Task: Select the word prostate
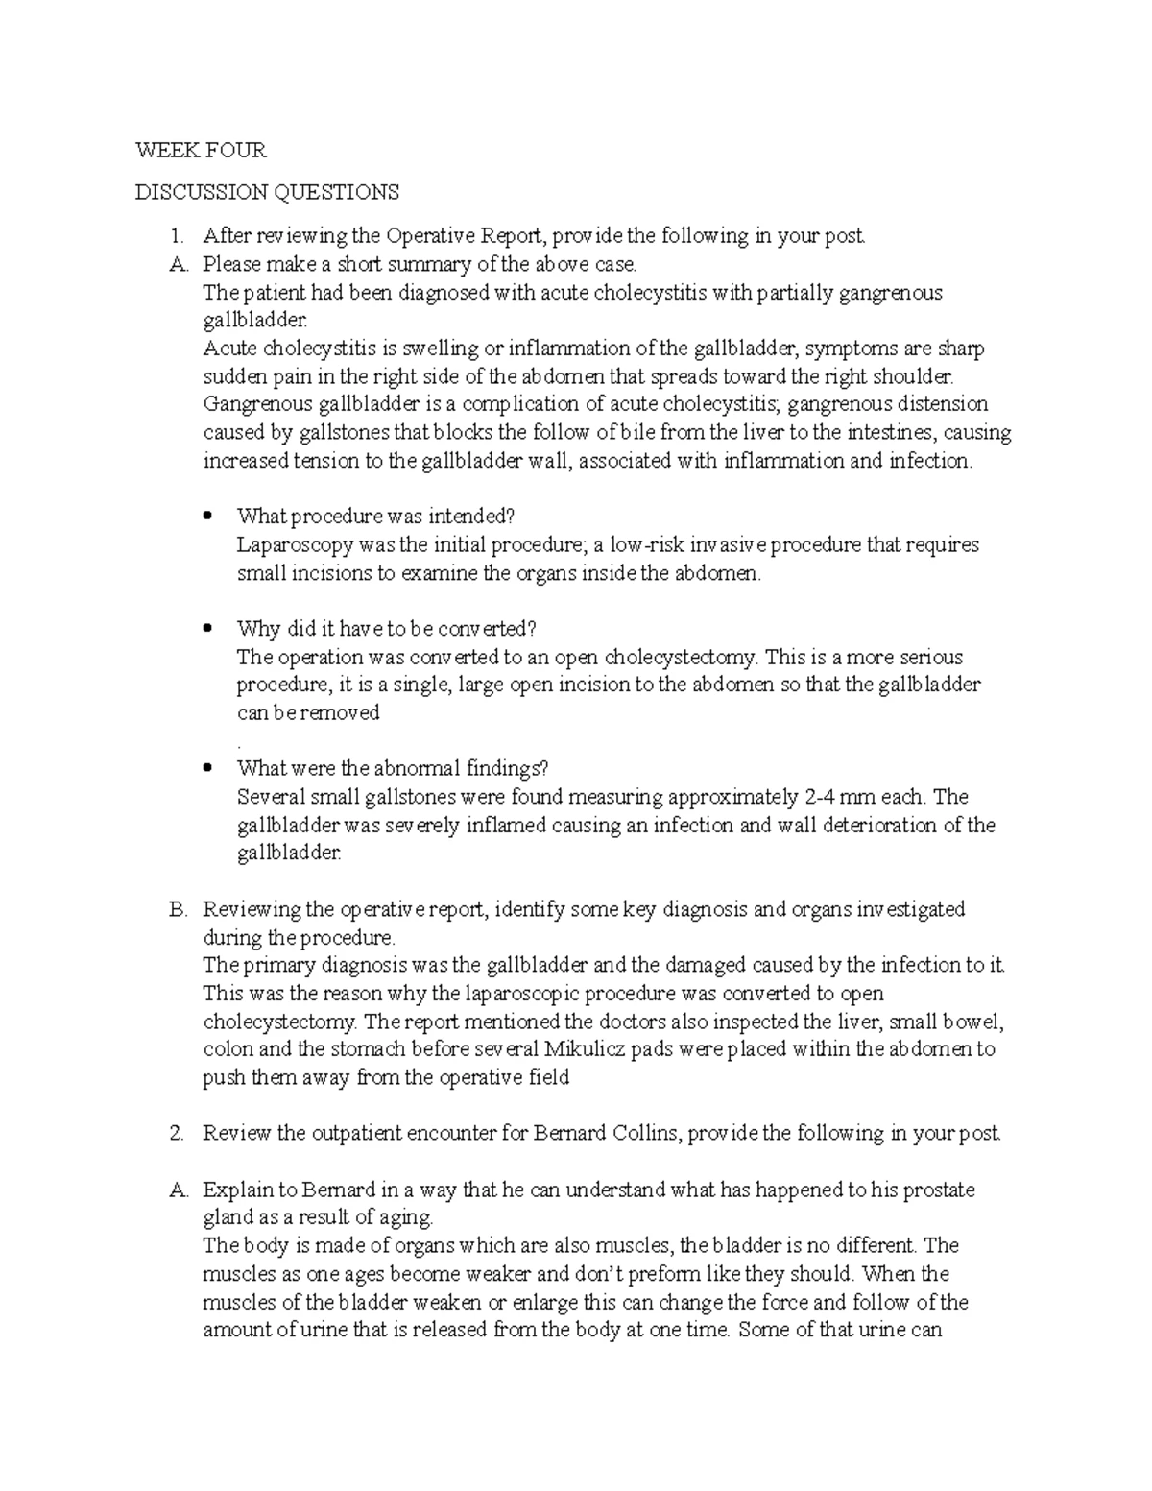tap(940, 1190)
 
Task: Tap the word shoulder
tap(915, 376)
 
